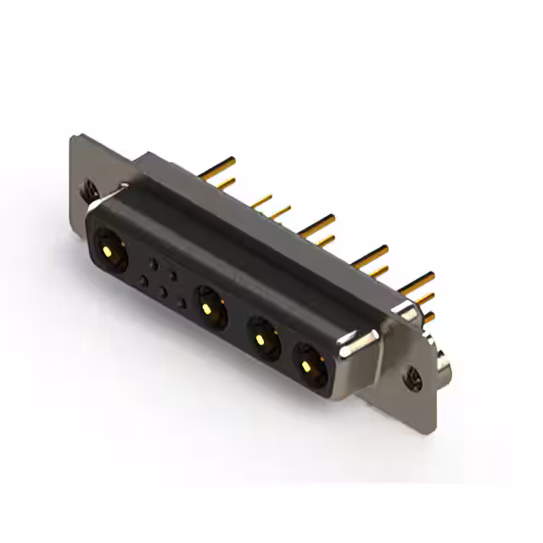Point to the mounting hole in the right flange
(415, 374)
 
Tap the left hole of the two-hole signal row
(154, 264)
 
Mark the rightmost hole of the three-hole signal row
(182, 303)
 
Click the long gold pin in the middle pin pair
(317, 223)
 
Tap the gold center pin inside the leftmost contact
(108, 250)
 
